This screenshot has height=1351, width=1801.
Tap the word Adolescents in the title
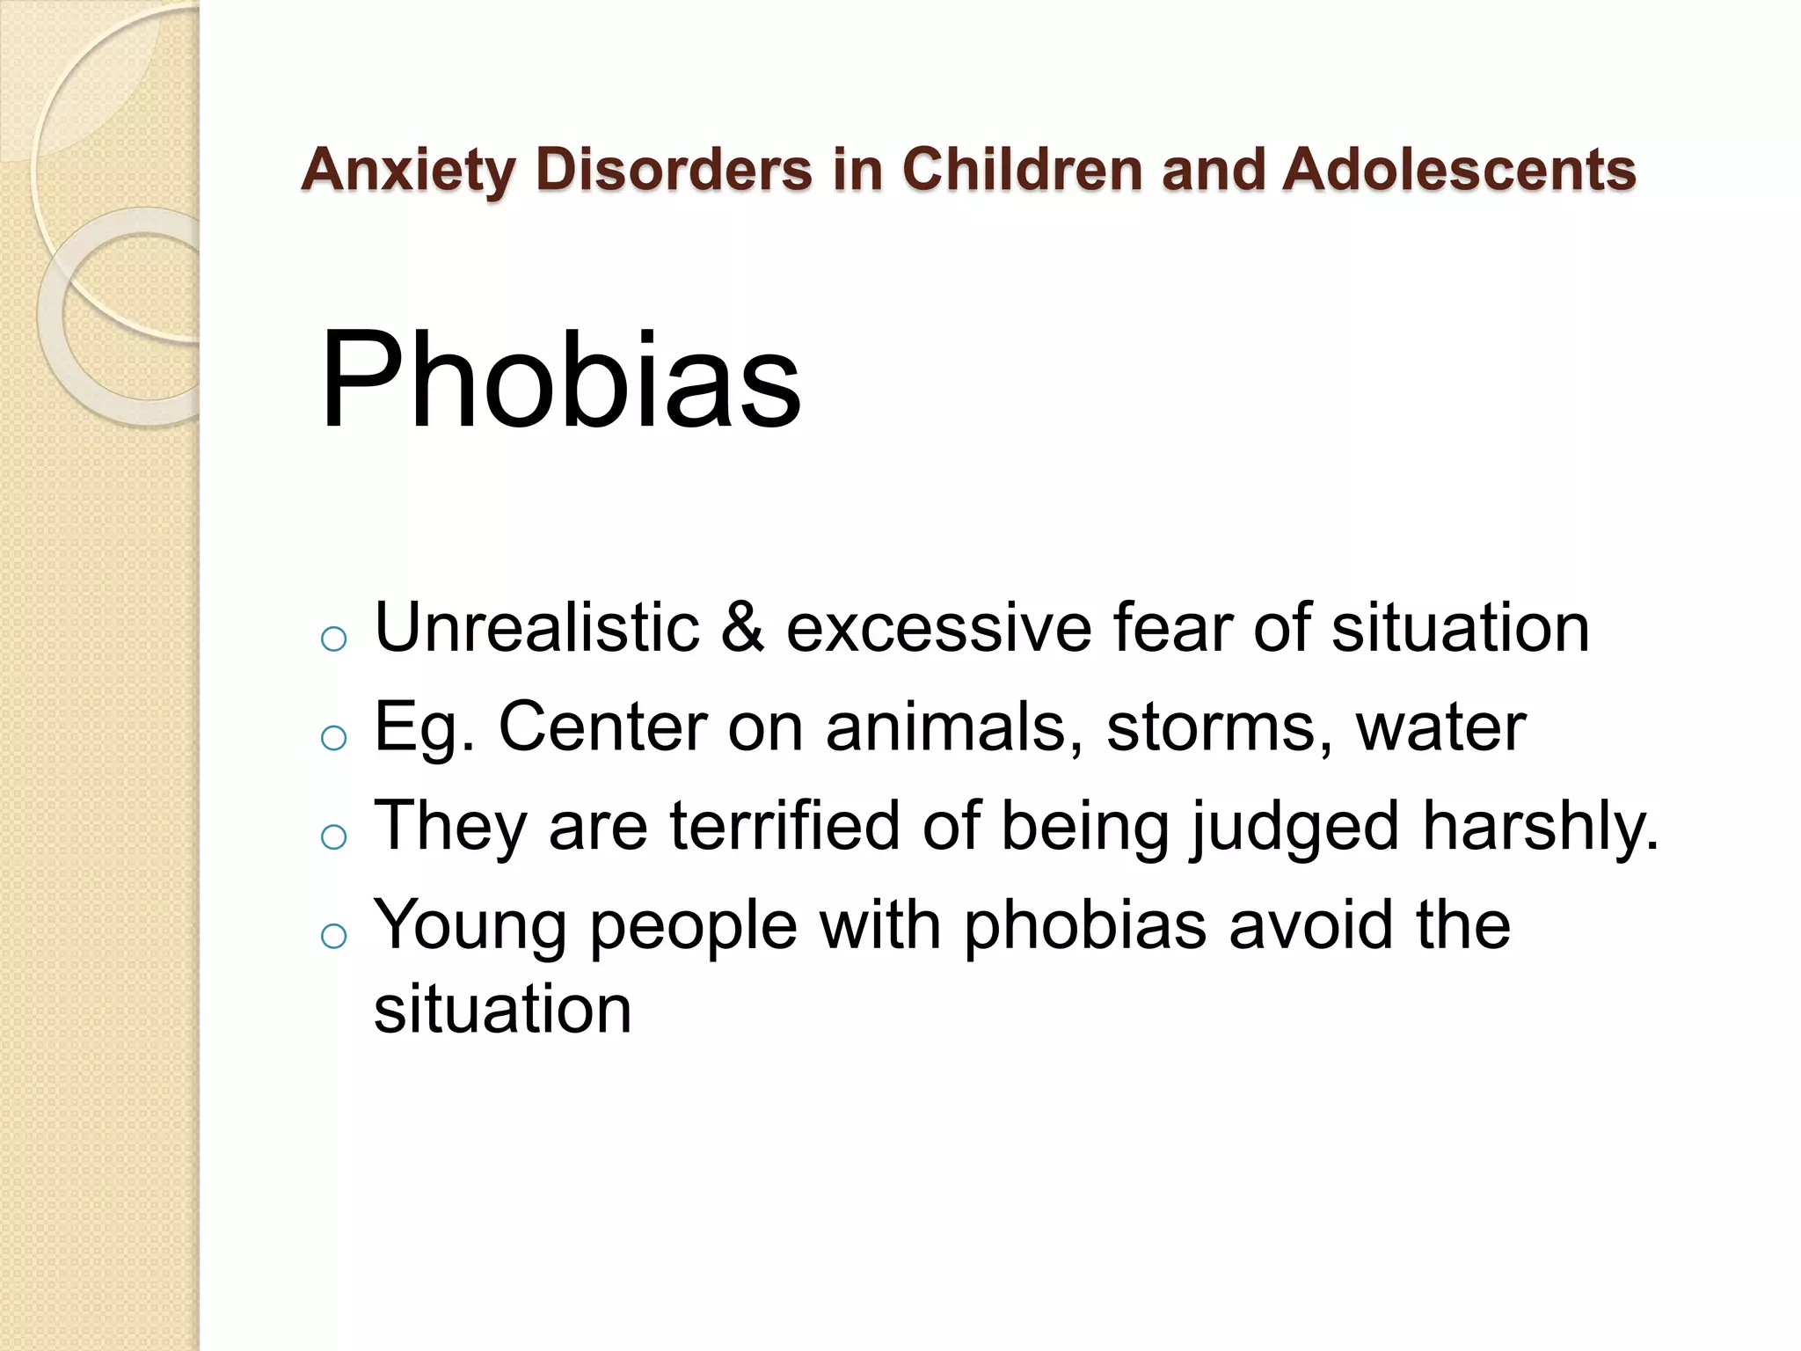(1458, 169)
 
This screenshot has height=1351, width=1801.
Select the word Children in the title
(1022, 169)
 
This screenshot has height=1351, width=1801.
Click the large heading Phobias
(560, 380)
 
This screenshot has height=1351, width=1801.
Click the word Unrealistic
(536, 628)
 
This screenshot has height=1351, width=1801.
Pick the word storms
(1220, 727)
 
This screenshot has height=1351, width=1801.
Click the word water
(1440, 727)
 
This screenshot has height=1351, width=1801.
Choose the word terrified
(784, 826)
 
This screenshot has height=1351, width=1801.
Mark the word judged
(1294, 828)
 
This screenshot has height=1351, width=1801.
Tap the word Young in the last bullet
(470, 926)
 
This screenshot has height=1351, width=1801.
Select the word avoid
(1311, 925)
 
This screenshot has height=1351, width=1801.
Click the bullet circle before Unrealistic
(334, 639)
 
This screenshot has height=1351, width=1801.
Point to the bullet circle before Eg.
(334, 739)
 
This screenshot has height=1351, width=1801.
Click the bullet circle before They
(334, 837)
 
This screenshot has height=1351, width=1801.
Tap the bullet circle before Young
(334, 937)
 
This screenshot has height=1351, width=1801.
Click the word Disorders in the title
(674, 169)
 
